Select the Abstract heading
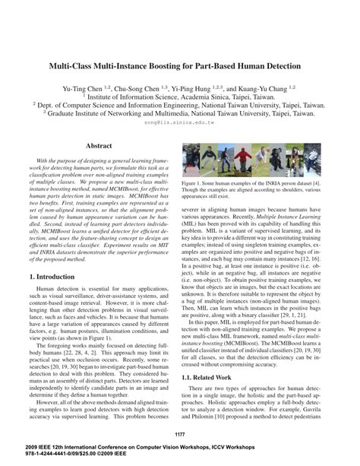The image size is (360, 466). pos(99,145)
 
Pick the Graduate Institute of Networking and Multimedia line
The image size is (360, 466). pos(179,112)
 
